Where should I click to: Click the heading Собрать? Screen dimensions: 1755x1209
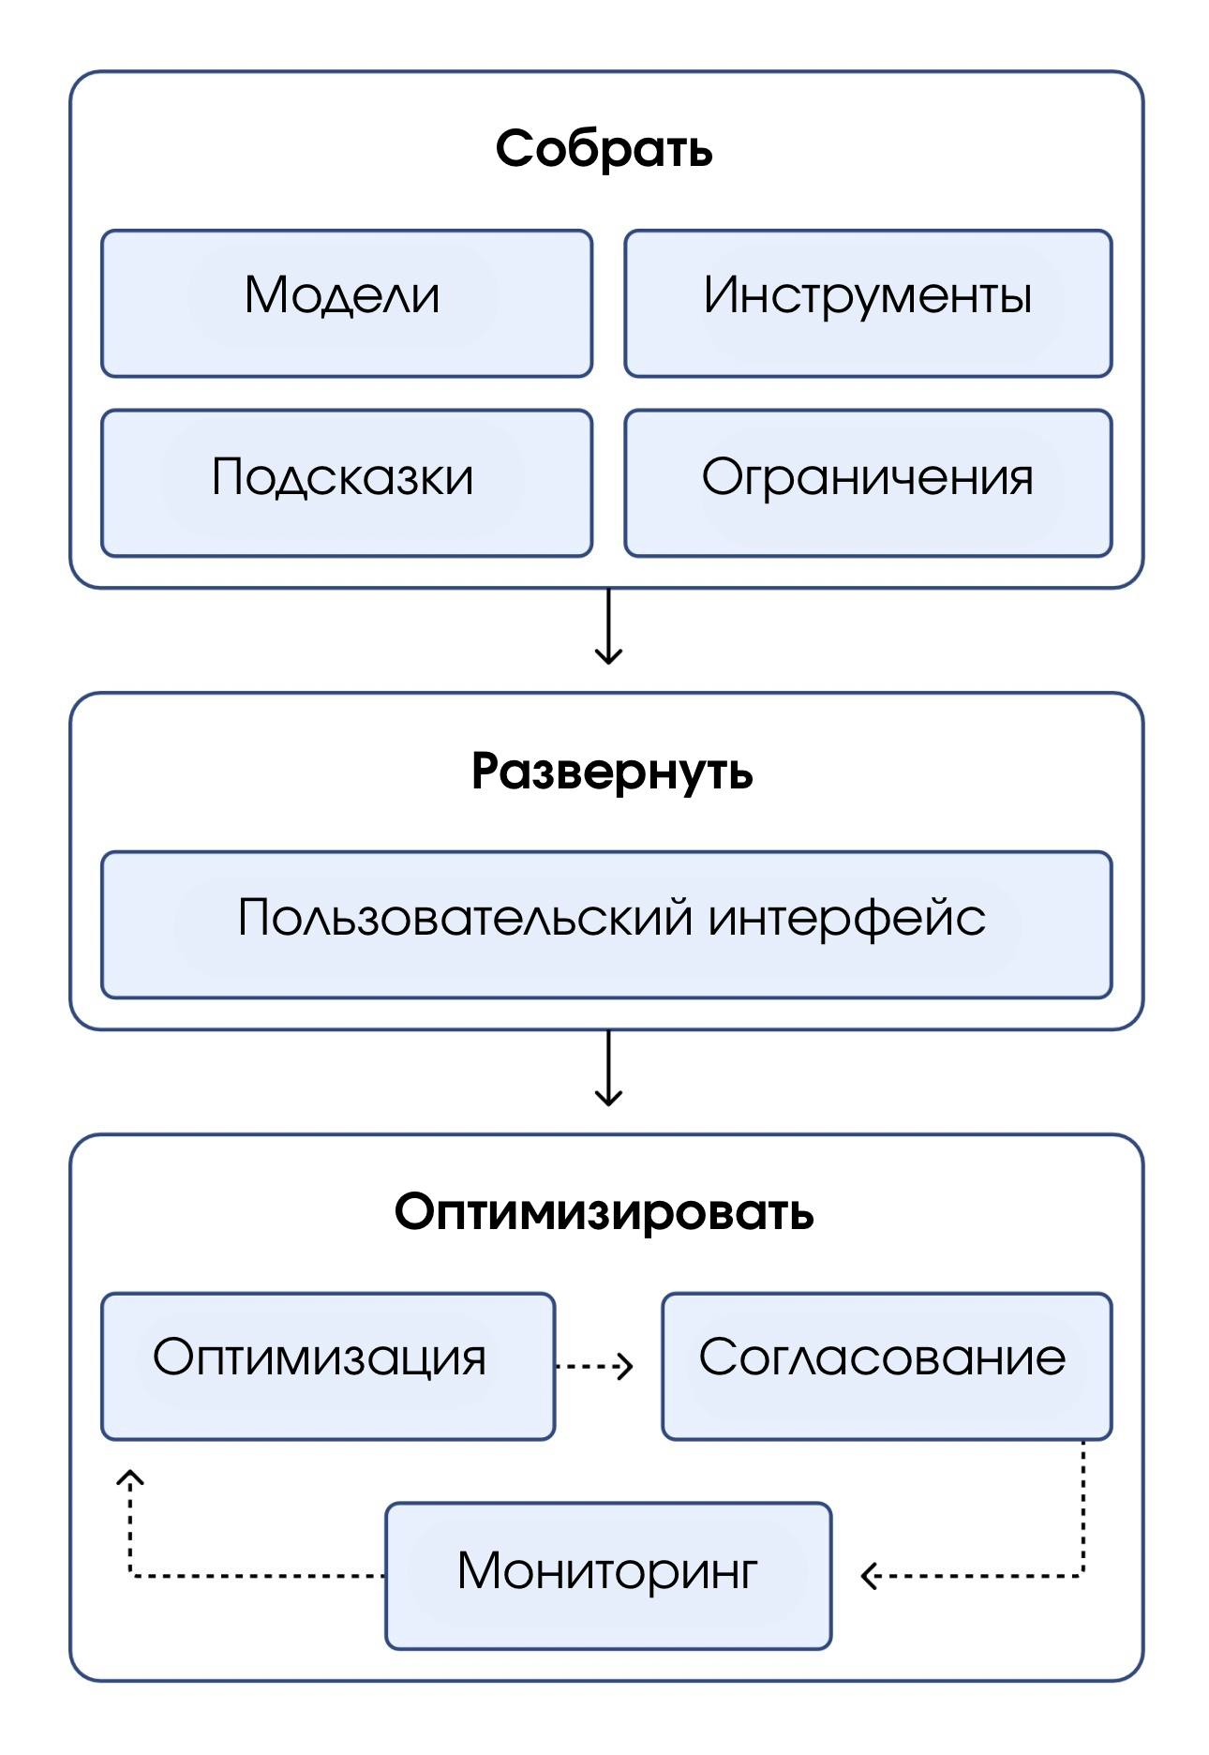coord(604,149)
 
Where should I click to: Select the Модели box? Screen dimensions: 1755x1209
coord(346,304)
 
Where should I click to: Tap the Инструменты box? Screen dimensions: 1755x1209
coord(867,304)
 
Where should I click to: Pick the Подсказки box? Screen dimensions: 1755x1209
coord(346,483)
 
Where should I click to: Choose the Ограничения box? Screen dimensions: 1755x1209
coord(867,483)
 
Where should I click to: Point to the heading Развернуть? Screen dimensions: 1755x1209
coord(611,772)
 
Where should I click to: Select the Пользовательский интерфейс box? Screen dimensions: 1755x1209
coord(605,924)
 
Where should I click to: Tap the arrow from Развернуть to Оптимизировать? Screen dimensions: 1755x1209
coord(608,1070)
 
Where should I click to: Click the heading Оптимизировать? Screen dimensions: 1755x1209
coord(604,1212)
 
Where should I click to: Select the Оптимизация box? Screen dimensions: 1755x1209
coord(327,1366)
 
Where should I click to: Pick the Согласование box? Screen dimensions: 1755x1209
coord(886,1366)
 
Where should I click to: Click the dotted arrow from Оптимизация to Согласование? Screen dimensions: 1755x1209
coord(594,1366)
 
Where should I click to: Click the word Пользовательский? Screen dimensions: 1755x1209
coord(465,917)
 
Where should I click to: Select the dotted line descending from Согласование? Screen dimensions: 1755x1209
coord(1082,1509)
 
